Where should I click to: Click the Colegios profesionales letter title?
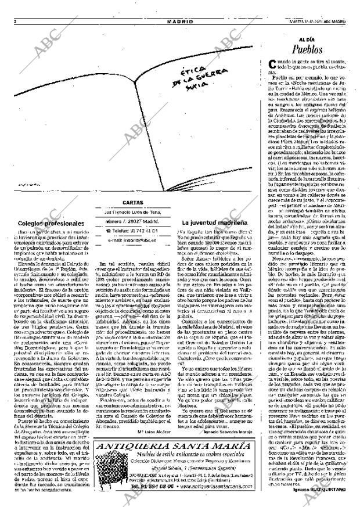(51, 223)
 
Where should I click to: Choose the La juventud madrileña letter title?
(212, 222)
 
